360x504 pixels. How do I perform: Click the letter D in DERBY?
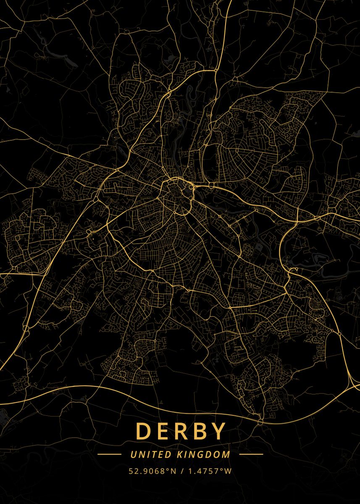[x=143, y=431]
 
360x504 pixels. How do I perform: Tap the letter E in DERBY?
[x=163, y=431]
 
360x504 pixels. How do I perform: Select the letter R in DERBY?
[x=181, y=431]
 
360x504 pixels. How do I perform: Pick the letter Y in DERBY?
[x=218, y=431]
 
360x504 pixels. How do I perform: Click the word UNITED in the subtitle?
[x=145, y=454]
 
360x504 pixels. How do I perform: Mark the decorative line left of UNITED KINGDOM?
[x=109, y=454]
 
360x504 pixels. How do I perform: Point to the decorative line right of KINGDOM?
[x=251, y=454]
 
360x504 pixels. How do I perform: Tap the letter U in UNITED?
[x=133, y=454]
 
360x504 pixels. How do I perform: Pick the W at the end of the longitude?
[x=228, y=471]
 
